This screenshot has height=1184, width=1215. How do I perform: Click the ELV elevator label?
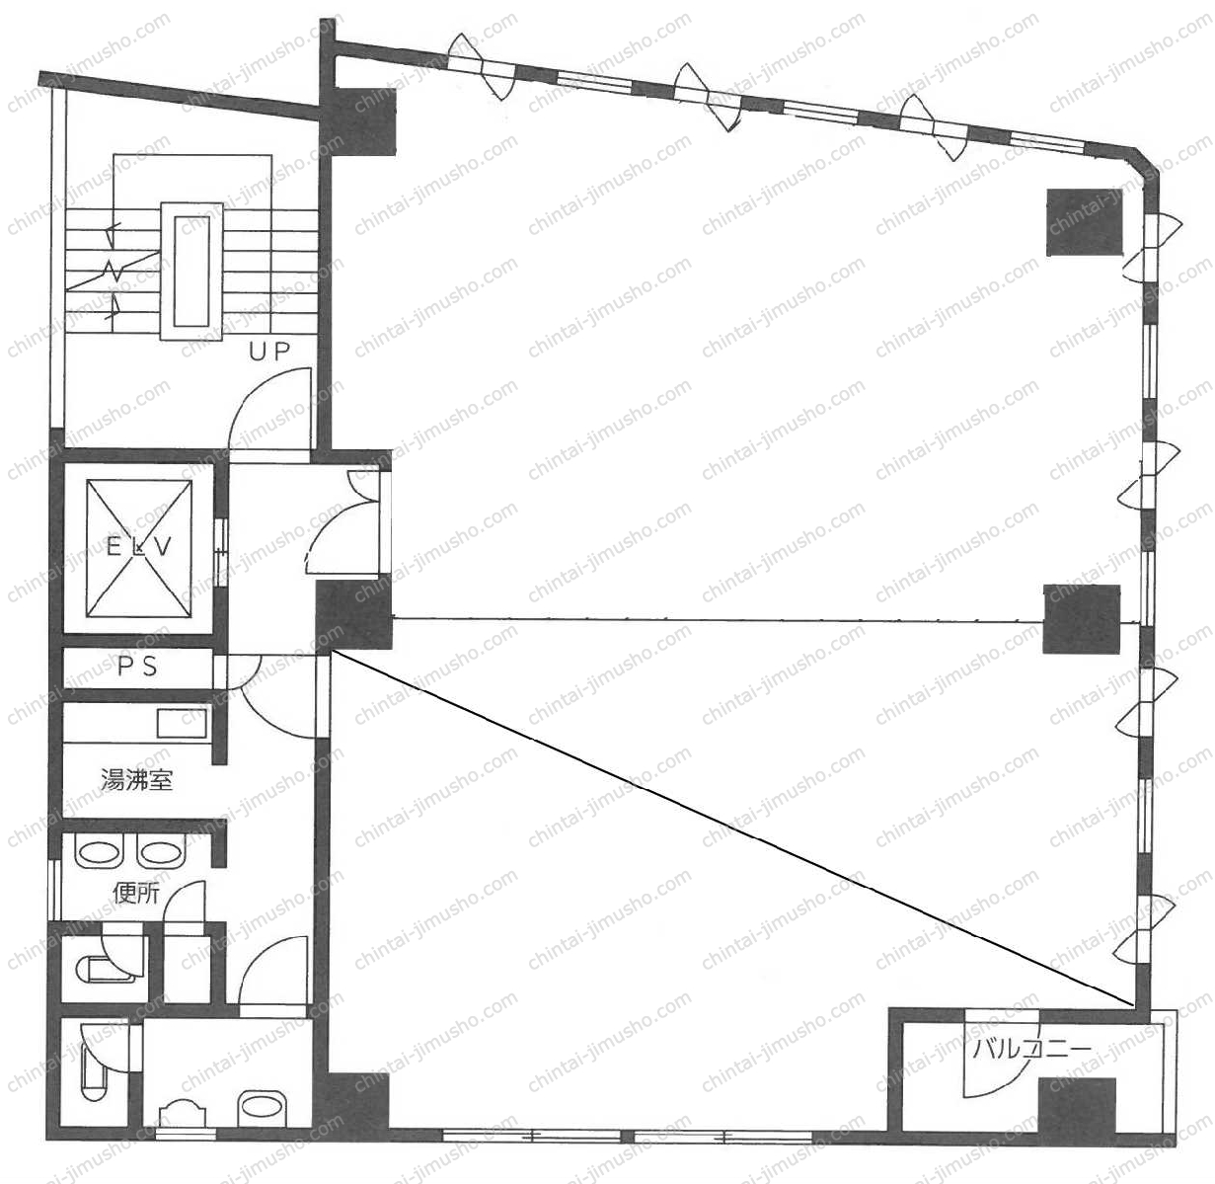(138, 547)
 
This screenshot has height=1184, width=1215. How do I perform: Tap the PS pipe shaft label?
(138, 667)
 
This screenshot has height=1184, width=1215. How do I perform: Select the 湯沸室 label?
(137, 780)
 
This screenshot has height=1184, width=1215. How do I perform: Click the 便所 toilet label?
(136, 894)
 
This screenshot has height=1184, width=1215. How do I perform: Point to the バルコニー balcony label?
(1031, 1049)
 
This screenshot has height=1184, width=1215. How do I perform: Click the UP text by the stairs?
(269, 352)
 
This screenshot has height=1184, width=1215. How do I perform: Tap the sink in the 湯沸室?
(181, 724)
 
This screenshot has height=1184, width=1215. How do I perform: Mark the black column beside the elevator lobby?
(353, 615)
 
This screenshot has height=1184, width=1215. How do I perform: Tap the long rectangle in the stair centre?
(191, 271)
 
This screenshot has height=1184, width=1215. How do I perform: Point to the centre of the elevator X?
(138, 548)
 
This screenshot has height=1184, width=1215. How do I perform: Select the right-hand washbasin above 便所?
(162, 851)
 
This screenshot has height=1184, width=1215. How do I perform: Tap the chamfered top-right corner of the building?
(1146, 164)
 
